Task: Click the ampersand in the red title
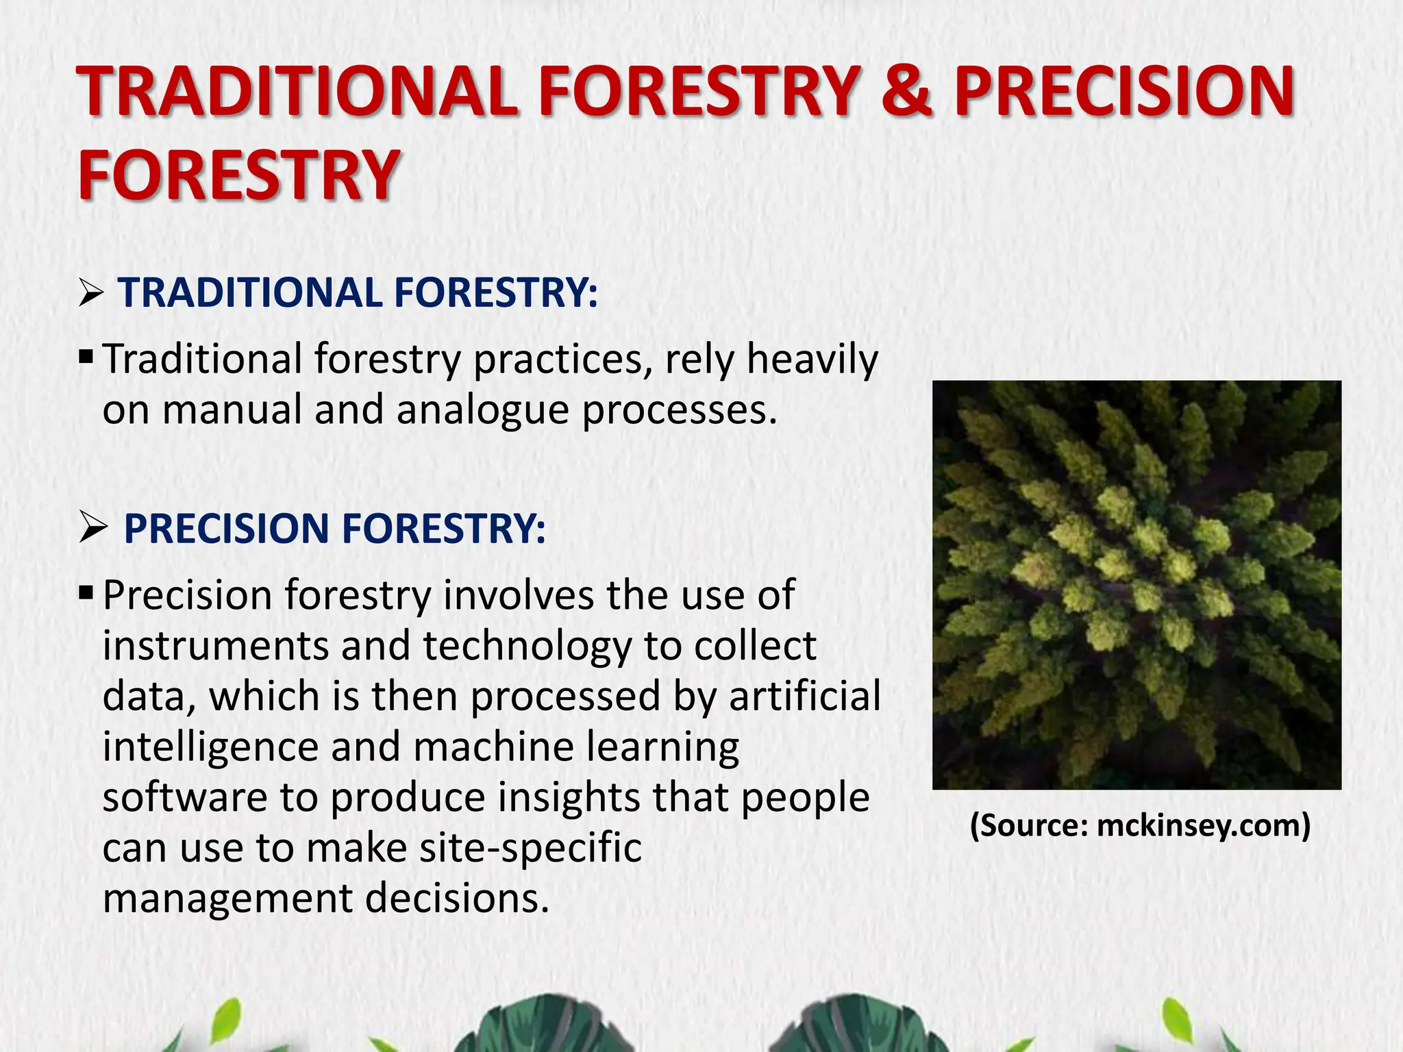click(906, 92)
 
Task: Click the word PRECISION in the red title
click(1123, 92)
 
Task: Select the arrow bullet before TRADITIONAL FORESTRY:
click(90, 295)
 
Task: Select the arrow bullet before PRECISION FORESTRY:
click(92, 529)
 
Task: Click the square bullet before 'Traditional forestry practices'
click(86, 356)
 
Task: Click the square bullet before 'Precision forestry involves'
click(86, 591)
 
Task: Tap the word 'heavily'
click(812, 360)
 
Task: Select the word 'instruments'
click(215, 646)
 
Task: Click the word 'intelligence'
click(210, 747)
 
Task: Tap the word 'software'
click(184, 797)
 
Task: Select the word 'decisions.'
click(457, 899)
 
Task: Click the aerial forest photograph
click(1137, 585)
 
